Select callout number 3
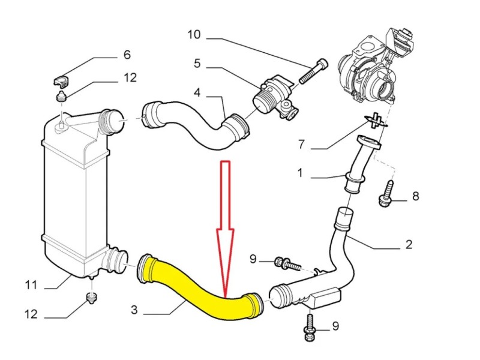(x=134, y=310)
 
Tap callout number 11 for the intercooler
(x=31, y=285)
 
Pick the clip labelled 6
(x=61, y=79)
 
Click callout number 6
(x=127, y=55)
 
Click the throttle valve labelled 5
(x=274, y=96)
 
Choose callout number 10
(x=194, y=34)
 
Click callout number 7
(x=302, y=145)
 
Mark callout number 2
(x=409, y=244)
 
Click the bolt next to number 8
(x=386, y=196)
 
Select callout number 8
(x=415, y=196)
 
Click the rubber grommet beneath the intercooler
(x=91, y=297)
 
